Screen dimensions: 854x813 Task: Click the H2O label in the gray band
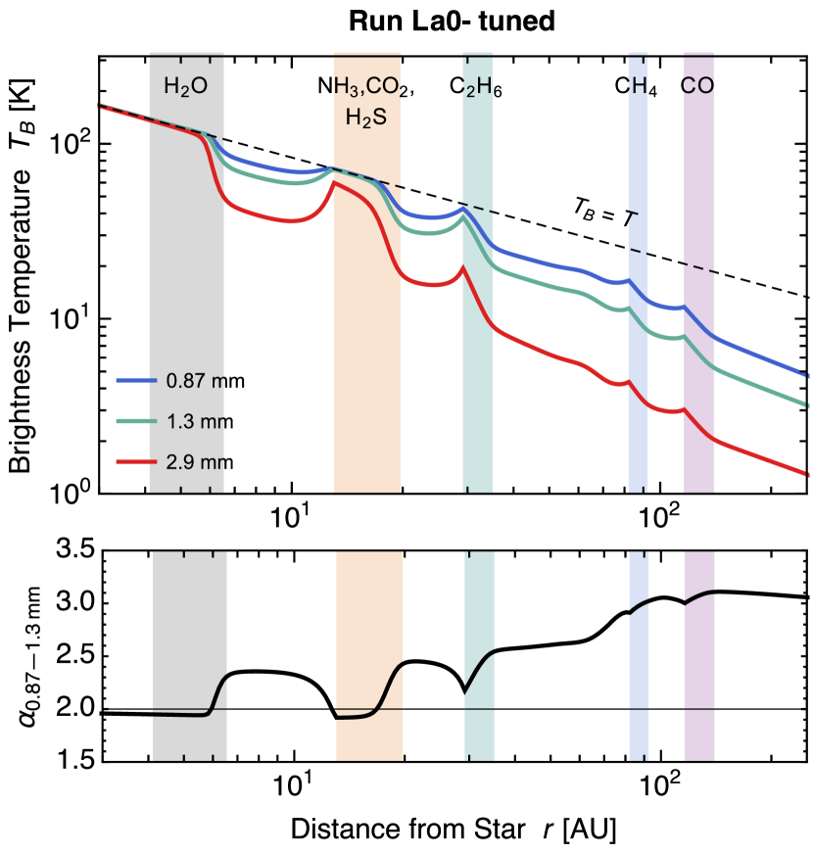pyautogui.click(x=185, y=86)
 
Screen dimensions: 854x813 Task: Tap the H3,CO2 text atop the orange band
pyautogui.click(x=368, y=86)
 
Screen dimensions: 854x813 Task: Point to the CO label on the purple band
pyautogui.click(x=697, y=86)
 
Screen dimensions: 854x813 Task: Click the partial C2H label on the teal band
pyautogui.click(x=476, y=86)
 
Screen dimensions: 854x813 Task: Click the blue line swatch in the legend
pyautogui.click(x=136, y=380)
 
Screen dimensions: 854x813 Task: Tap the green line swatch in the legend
pyautogui.click(x=136, y=421)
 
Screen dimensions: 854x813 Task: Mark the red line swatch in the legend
pyautogui.click(x=136, y=461)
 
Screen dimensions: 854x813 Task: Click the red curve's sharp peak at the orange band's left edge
pyautogui.click(x=334, y=181)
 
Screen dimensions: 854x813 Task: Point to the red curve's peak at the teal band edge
pyautogui.click(x=462, y=270)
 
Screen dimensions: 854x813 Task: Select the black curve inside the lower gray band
pyautogui.click(x=186, y=715)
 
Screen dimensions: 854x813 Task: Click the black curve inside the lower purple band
pyautogui.click(x=699, y=595)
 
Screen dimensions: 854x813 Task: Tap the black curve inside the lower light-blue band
pyautogui.click(x=638, y=608)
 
